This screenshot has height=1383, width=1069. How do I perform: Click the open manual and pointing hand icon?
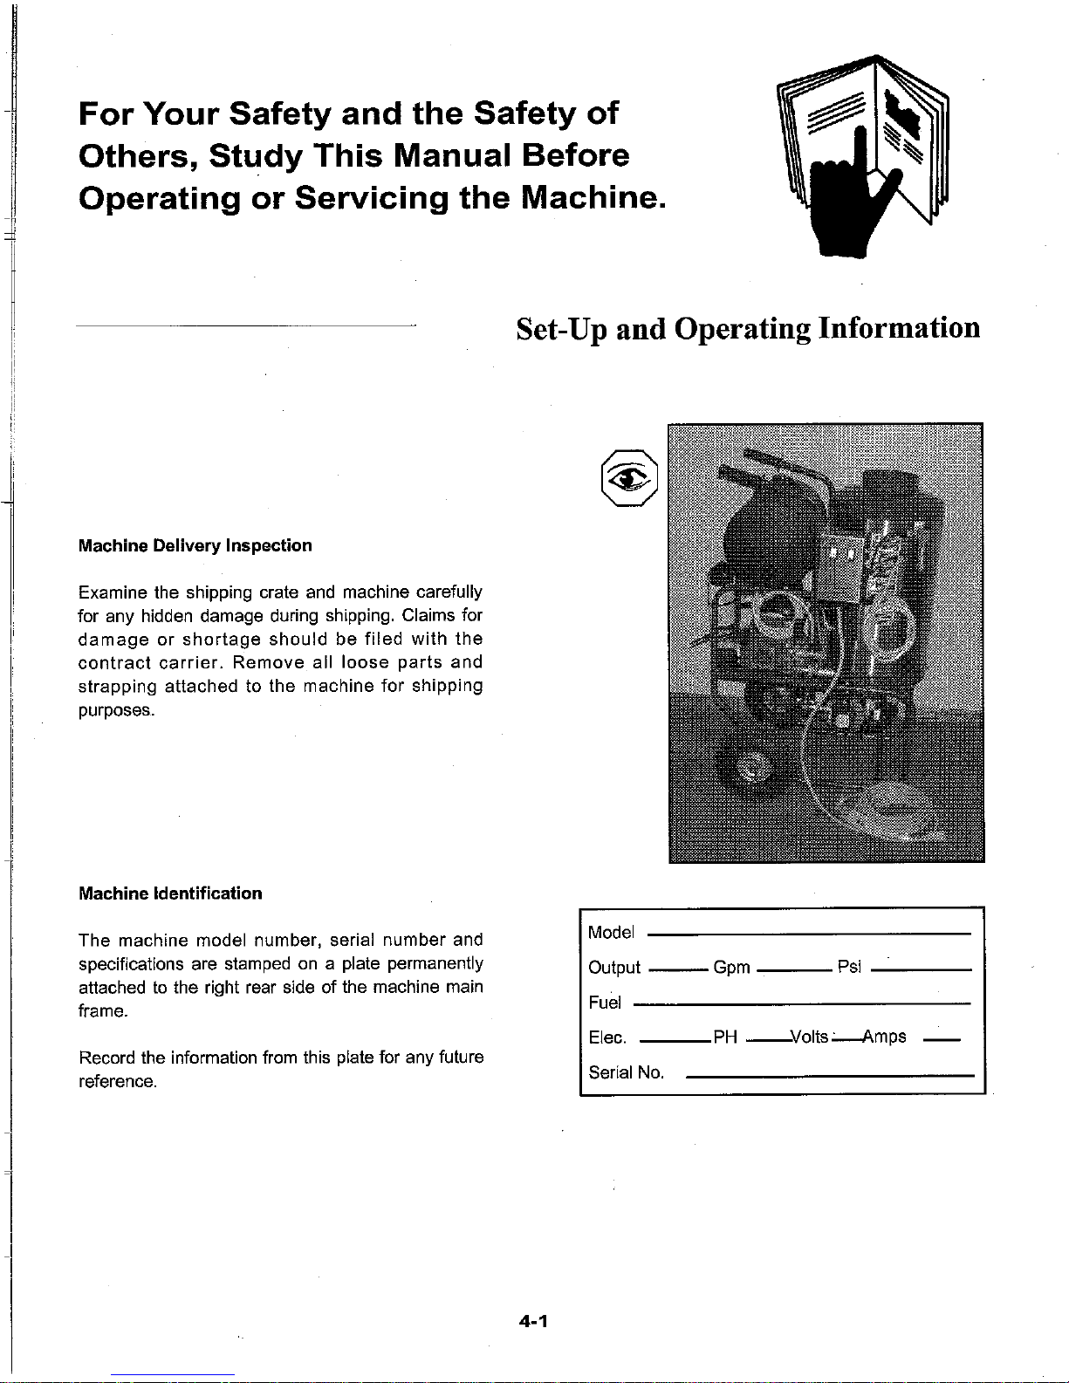[x=862, y=156]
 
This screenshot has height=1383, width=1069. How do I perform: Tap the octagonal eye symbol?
[x=629, y=478]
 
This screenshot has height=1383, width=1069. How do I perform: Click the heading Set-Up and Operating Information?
[x=748, y=329]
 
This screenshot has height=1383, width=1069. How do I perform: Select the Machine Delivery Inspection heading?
[x=195, y=545]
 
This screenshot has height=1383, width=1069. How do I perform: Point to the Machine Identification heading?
[x=170, y=893]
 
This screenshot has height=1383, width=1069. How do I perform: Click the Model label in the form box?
[x=611, y=933]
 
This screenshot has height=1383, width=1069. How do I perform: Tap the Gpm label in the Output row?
[x=732, y=968]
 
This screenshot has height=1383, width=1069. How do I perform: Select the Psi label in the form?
[x=849, y=967]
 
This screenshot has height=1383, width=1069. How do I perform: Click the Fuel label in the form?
[x=605, y=1003]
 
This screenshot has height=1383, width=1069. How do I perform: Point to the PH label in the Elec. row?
[x=725, y=1037]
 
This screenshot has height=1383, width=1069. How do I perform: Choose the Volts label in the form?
[x=810, y=1037]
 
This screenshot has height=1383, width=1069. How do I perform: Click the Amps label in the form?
[x=885, y=1037]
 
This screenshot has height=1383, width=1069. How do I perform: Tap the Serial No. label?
[x=627, y=1072]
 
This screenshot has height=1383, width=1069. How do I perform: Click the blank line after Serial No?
[x=830, y=1076]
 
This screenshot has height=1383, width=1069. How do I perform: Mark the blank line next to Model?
[x=809, y=935]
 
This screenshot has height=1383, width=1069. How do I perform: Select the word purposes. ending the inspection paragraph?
[x=116, y=710]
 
